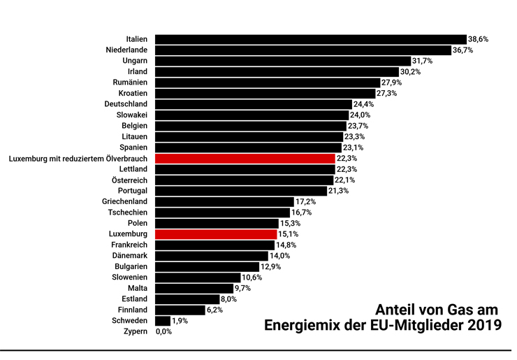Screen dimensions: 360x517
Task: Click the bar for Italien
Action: (x=310, y=39)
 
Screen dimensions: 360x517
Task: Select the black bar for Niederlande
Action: (x=303, y=50)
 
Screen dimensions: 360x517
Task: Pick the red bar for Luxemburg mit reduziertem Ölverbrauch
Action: (x=245, y=159)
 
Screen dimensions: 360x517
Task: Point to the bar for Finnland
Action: (x=180, y=310)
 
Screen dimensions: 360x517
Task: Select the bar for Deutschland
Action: (x=252, y=104)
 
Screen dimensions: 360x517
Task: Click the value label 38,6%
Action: (x=478, y=40)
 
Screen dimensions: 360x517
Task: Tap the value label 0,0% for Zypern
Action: (x=163, y=332)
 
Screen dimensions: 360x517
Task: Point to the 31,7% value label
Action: (x=422, y=62)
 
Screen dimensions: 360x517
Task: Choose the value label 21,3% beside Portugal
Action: (x=338, y=191)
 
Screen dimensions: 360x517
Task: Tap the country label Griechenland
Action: (x=124, y=202)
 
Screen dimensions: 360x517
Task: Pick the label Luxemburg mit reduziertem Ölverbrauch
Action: (x=78, y=159)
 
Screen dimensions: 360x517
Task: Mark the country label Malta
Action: (x=136, y=288)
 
